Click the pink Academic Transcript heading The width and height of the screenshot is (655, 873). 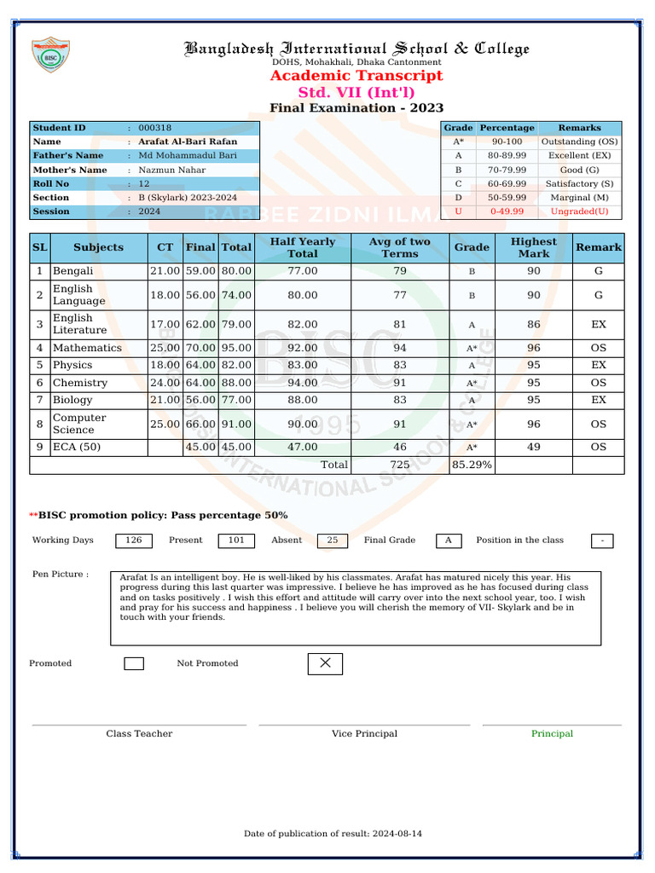pos(356,76)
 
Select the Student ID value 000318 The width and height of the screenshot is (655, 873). pos(155,128)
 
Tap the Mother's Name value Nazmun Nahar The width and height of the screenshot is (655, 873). pos(171,170)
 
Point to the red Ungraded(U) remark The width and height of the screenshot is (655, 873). pos(579,211)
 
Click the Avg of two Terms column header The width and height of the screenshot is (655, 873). pos(399,247)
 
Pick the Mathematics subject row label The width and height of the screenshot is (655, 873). pos(87,348)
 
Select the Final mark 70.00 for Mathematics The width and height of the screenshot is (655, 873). pos(200,348)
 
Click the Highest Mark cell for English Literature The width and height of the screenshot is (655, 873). pos(533,324)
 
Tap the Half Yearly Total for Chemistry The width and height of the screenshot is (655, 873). pos(302,383)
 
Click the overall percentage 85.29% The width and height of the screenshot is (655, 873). pos(472,465)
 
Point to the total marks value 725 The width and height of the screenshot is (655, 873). pos(399,465)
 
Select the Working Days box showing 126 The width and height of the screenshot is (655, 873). pos(134,541)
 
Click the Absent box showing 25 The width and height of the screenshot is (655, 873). pos(332,541)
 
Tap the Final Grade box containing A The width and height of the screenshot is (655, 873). pos(449,541)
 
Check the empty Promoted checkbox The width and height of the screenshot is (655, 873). pos(134,663)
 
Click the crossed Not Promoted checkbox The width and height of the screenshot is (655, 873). pos(325,663)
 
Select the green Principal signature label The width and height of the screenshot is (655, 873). pos(552,734)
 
